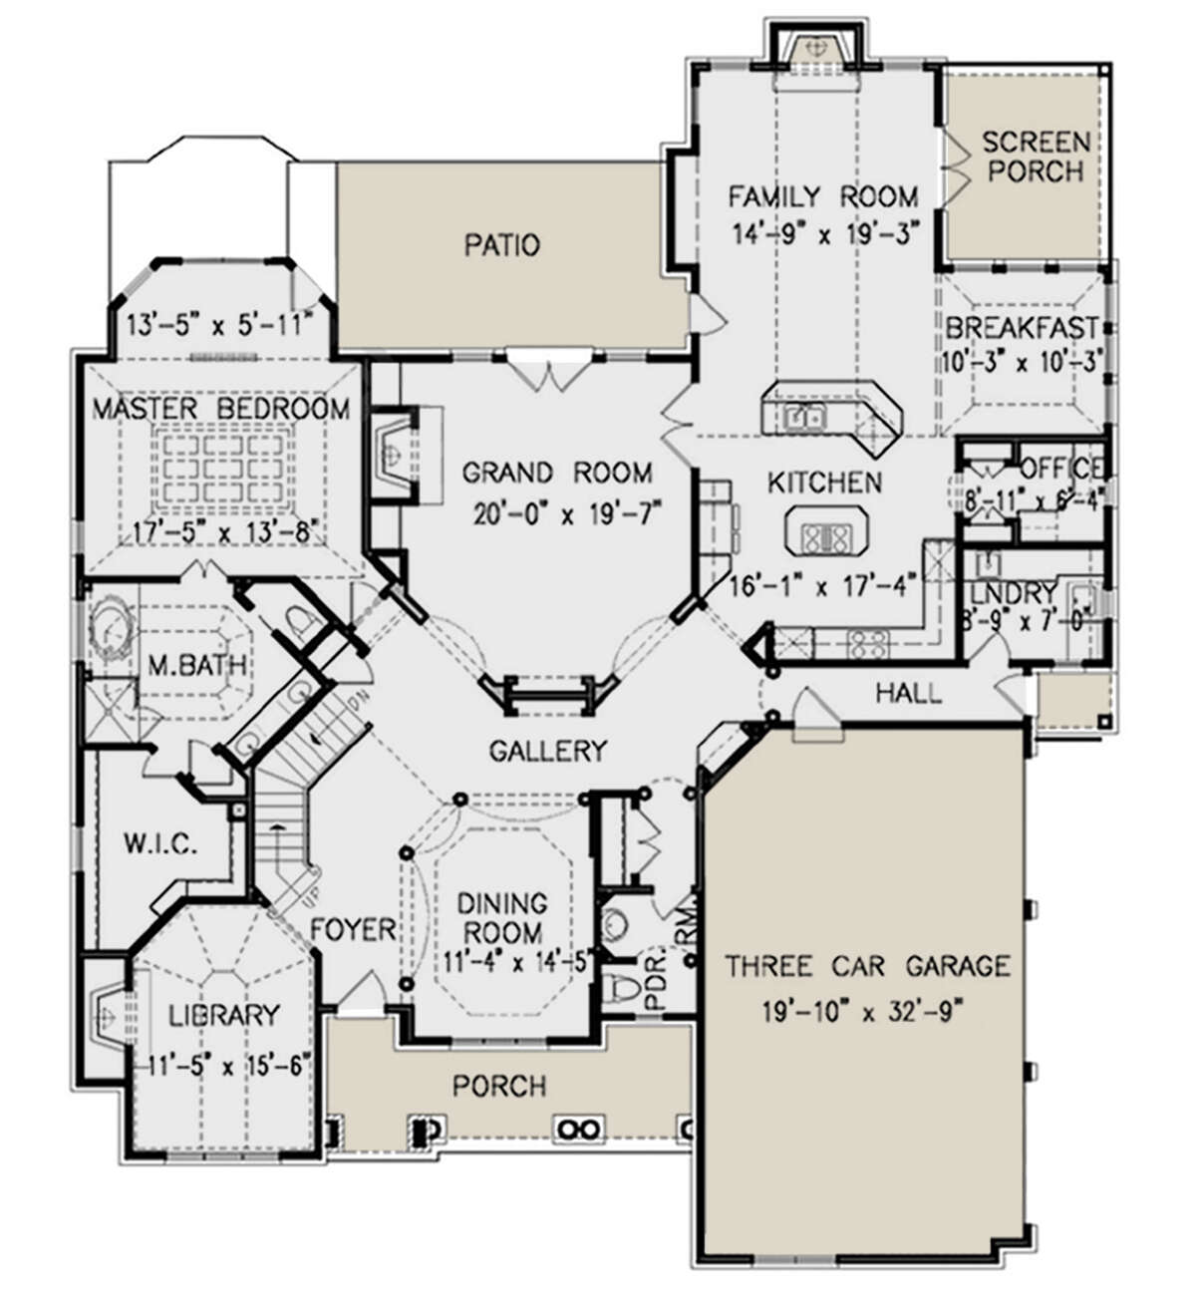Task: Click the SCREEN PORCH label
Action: pos(1036,157)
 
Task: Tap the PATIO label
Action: pos(502,244)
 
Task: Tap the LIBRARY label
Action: pos(224,1016)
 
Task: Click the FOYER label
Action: pos(352,930)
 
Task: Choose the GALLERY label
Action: pos(547,751)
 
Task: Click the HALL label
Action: pos(908,693)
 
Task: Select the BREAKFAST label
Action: pos(1022,328)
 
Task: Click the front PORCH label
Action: pos(499,1086)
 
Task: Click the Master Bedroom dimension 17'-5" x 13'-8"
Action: pos(225,533)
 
